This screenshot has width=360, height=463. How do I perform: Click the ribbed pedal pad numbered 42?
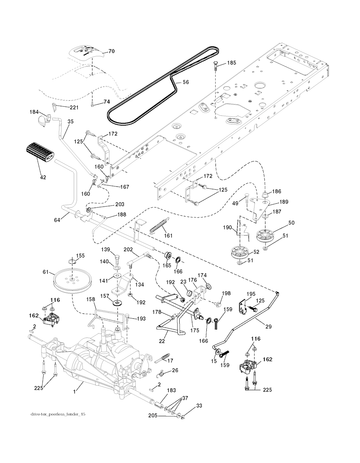point(38,152)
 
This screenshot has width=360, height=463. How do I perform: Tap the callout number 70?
point(111,51)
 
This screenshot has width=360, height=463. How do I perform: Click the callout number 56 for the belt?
point(186,82)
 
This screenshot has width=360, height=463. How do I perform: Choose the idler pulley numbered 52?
point(240,253)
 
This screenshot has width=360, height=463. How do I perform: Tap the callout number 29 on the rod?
point(269,327)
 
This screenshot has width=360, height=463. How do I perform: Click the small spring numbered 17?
point(163,358)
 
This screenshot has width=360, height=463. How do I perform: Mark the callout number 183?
point(172,391)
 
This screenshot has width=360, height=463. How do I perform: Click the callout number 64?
point(57,220)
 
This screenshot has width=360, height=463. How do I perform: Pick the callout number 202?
point(128,249)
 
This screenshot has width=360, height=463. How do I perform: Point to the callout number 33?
point(199,406)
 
